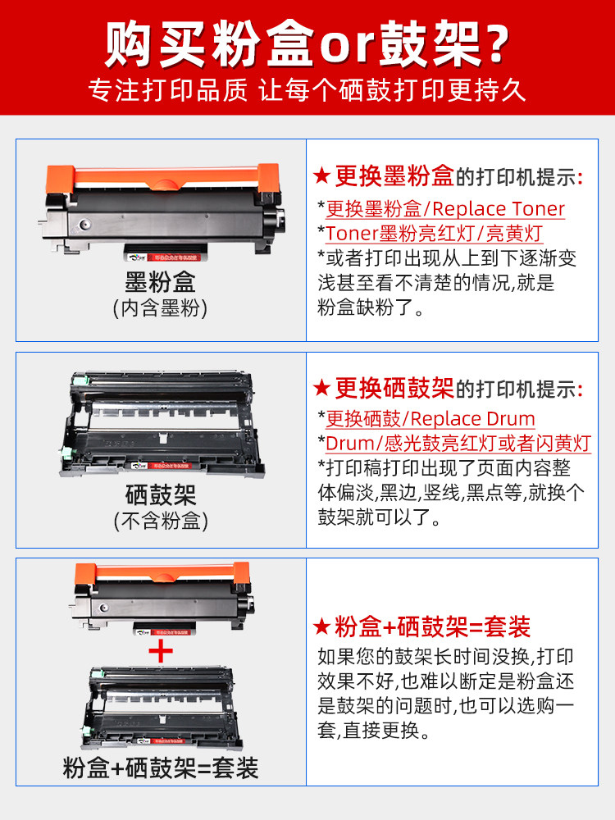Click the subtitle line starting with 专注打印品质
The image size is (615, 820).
(307, 90)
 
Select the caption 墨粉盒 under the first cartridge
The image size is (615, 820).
(161, 282)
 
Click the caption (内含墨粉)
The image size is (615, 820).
(161, 307)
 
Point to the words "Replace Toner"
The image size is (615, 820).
(499, 208)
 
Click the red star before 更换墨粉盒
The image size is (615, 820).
(321, 175)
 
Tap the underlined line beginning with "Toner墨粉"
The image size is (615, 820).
(434, 233)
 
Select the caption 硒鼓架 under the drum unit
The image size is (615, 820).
(161, 494)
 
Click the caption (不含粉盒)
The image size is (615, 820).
(161, 521)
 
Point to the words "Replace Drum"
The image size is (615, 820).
(473, 419)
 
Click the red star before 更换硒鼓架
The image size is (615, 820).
(321, 388)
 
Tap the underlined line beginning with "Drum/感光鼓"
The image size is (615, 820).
(458, 444)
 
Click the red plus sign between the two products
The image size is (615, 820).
(161, 650)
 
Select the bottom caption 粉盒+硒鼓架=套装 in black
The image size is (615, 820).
(161, 768)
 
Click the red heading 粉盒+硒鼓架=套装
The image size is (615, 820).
(432, 626)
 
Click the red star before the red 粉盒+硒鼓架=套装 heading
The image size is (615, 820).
(321, 626)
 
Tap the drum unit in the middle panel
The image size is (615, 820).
(162, 424)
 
